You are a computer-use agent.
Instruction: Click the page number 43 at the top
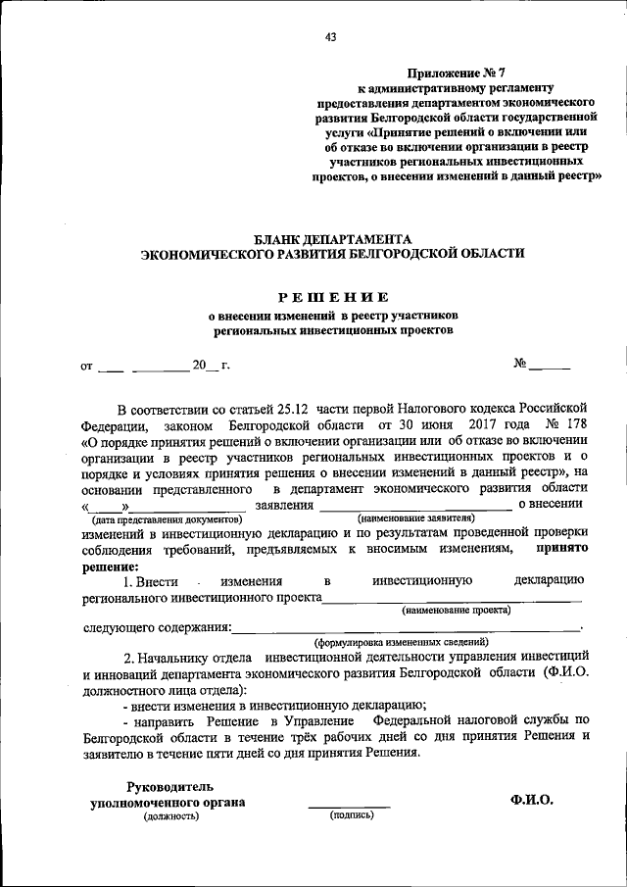coord(330,38)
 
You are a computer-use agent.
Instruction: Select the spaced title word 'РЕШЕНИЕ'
coord(331,296)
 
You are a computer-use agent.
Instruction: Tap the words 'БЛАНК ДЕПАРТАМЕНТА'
coord(332,238)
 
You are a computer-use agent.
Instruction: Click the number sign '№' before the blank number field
coord(520,365)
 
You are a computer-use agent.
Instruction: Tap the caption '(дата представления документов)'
coord(167,517)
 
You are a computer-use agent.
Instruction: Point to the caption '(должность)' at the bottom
coord(169,816)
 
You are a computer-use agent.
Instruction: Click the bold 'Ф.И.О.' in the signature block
coord(532,800)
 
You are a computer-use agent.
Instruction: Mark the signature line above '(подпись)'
coord(350,807)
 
